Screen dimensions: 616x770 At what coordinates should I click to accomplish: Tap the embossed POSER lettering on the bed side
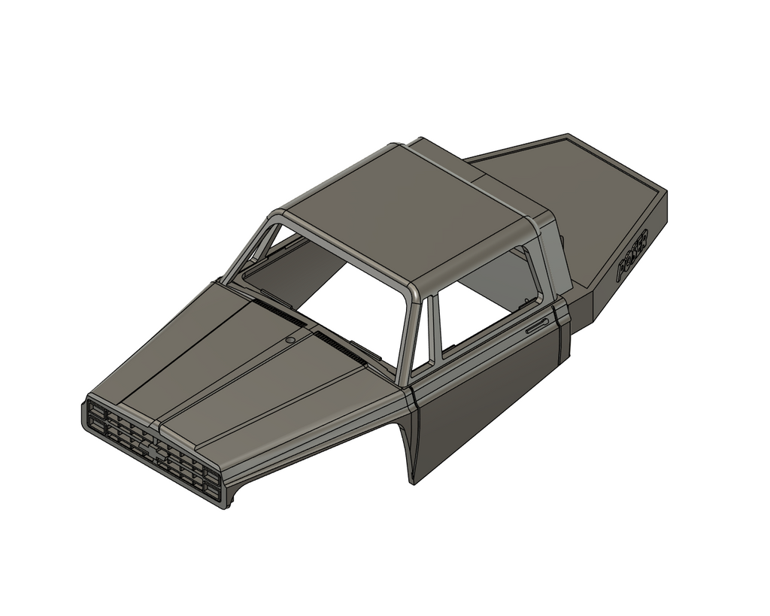pos(634,256)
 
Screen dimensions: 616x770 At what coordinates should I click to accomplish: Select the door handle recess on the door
pos(536,326)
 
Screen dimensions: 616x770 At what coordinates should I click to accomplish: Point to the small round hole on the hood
pos(290,340)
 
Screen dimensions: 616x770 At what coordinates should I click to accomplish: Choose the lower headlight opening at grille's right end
pos(212,492)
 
